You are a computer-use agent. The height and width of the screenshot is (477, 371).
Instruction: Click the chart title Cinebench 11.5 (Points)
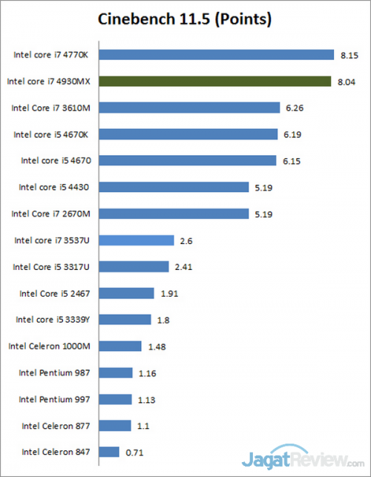coord(185,17)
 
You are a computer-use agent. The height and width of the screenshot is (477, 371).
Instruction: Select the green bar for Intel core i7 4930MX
coord(214,81)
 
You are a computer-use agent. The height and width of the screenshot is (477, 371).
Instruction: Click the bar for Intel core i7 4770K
coord(216,54)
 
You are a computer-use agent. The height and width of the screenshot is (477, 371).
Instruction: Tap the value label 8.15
coord(349,54)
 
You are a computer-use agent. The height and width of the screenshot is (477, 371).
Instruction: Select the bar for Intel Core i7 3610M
coord(188,108)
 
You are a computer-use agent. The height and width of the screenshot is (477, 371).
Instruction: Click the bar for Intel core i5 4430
coord(173,187)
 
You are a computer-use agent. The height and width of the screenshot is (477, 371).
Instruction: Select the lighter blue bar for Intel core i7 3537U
coord(136,240)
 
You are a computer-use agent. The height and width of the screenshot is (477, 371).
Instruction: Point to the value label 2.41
coord(183,266)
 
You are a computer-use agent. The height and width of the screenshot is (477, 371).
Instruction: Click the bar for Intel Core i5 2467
coord(126,293)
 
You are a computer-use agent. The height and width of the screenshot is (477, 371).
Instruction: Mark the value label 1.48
coord(156,346)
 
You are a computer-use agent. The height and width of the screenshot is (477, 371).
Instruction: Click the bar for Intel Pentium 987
coord(115,372)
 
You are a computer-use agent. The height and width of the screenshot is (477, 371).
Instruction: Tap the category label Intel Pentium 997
coord(56,399)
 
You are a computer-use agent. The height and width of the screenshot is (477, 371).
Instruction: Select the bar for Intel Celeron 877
coord(114,426)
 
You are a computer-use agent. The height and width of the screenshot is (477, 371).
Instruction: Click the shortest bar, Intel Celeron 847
coord(108,452)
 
